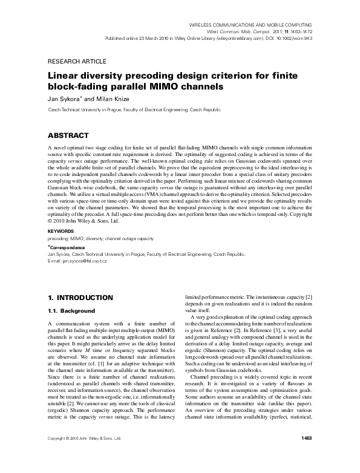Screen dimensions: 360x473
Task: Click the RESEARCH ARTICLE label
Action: click(76, 62)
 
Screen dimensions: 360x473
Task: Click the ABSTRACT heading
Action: click(67, 135)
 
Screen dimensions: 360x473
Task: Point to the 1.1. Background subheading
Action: click(71, 311)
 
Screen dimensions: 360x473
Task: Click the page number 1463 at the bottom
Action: click(306, 454)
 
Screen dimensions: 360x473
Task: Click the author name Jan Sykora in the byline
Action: click(63, 99)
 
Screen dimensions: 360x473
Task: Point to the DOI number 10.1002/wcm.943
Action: click(292, 37)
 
